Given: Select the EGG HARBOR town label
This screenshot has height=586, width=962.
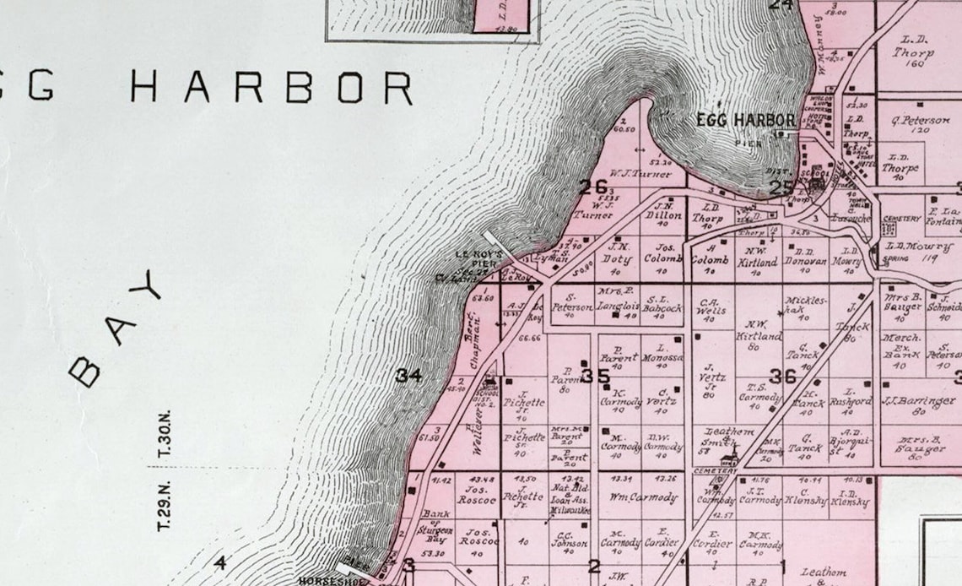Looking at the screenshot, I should pos(745,120).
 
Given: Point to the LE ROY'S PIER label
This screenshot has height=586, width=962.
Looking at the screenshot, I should pos(478,258).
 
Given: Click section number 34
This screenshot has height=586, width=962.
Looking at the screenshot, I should pos(408,375).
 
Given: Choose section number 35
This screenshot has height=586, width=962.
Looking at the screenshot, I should pos(596,376).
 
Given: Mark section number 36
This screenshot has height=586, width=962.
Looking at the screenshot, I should pos(782,376).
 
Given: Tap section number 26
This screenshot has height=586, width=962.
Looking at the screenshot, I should pos(592,187).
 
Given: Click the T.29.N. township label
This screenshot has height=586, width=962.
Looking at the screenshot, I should pos(164,505).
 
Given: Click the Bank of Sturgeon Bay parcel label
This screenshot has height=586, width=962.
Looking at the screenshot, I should pos(435,523).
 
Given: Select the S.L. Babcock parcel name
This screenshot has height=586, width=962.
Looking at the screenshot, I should pos(663,303).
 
